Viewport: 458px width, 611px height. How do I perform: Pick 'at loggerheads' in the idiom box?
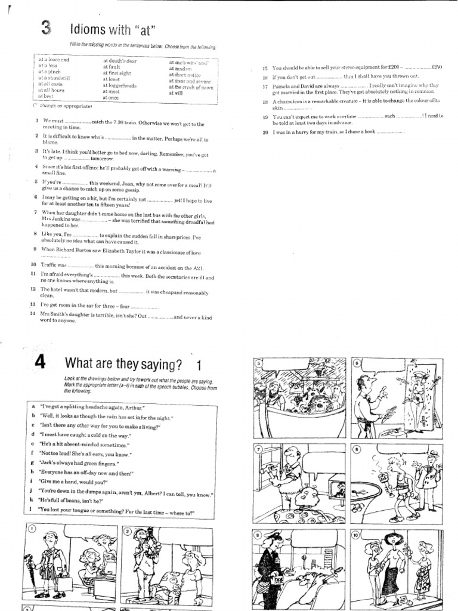pos(120,85)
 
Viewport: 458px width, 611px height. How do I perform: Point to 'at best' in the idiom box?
pos(46,96)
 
